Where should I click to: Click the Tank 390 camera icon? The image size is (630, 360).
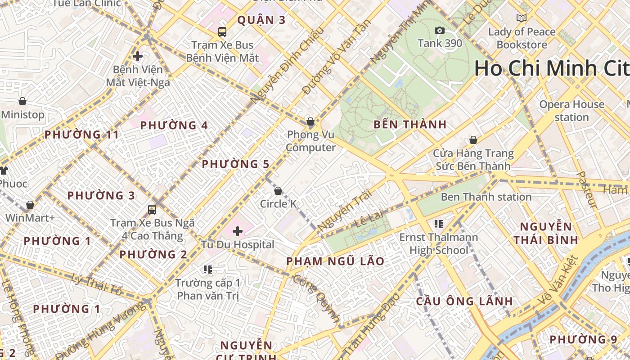(440, 30)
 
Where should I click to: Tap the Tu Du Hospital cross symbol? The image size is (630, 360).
(238, 231)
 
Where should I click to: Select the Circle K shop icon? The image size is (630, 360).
(278, 191)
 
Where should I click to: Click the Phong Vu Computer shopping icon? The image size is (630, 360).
(310, 121)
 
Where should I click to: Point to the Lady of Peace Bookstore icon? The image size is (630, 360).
(522, 18)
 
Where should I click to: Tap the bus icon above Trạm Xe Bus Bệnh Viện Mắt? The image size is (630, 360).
(222, 31)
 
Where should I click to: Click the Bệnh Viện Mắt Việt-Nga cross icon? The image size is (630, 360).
(138, 56)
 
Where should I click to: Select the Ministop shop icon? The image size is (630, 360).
(22, 101)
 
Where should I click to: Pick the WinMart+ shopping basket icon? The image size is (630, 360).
(30, 205)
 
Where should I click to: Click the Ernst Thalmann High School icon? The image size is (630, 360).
(439, 224)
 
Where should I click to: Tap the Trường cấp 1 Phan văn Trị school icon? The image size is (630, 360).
(207, 270)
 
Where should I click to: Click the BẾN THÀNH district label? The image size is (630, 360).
(410, 125)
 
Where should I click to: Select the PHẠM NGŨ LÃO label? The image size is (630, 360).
(335, 261)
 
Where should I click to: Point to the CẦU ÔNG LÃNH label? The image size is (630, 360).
(464, 301)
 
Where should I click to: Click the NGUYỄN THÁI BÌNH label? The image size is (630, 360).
(546, 233)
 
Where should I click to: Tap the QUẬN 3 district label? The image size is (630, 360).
(261, 20)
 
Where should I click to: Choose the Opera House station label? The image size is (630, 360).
(571, 111)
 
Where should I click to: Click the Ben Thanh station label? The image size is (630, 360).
(486, 197)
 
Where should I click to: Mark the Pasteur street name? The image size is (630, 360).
(588, 189)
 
